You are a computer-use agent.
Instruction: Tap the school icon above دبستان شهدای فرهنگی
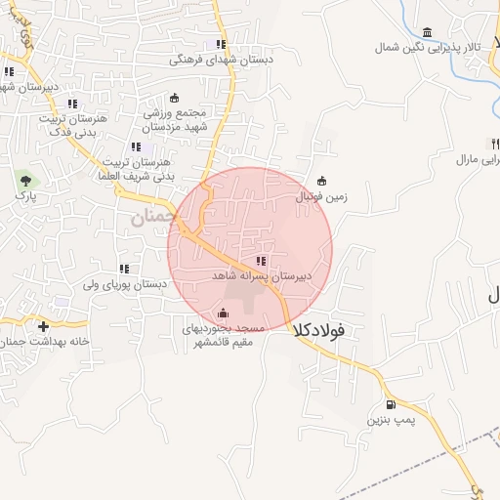221,44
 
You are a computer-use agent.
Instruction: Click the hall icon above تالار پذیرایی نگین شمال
427,31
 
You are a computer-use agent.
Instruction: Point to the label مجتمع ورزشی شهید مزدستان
175,120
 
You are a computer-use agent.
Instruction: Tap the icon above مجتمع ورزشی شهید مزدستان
175,98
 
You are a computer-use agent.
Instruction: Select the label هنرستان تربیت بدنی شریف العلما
135,168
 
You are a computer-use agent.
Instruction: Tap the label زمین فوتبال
321,195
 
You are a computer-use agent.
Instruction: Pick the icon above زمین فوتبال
322,180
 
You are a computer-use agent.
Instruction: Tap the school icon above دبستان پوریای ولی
124,269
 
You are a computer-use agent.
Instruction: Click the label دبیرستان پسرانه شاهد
262,277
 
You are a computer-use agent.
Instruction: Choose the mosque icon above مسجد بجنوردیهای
224,312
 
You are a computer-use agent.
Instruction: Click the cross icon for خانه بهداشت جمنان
43,325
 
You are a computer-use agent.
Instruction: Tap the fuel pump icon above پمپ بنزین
391,404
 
